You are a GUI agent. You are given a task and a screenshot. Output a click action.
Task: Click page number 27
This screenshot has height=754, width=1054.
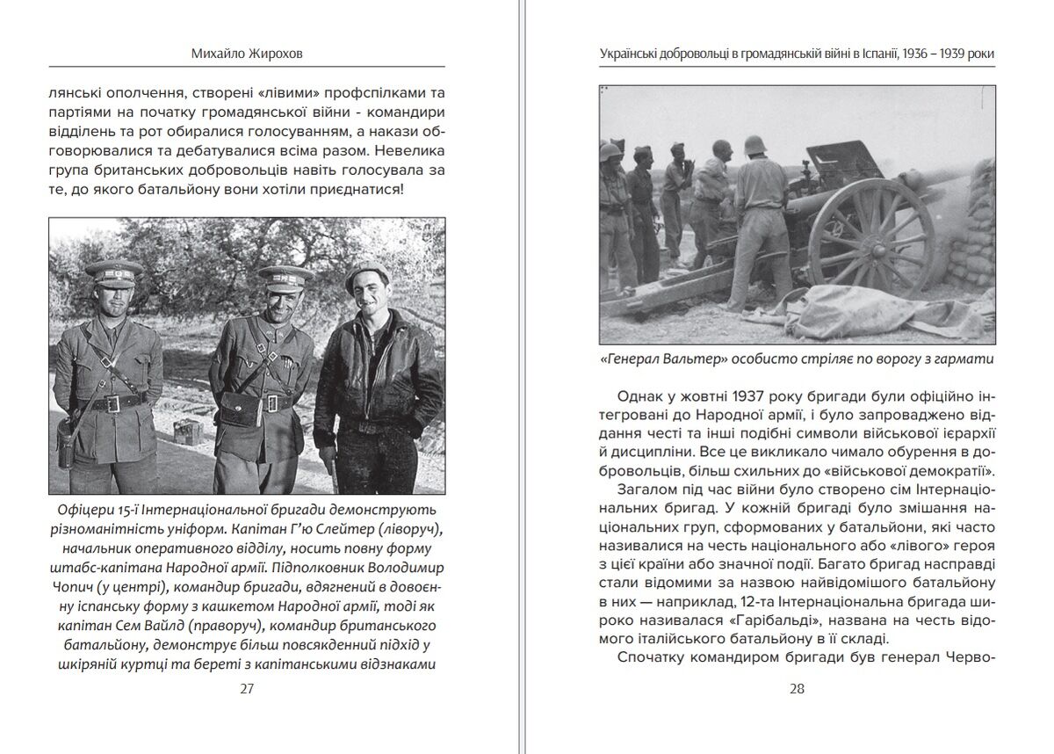[x=247, y=688]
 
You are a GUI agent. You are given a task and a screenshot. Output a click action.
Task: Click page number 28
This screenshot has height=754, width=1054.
[x=797, y=688]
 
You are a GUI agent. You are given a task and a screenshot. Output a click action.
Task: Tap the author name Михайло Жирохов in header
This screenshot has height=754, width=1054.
[x=247, y=54]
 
